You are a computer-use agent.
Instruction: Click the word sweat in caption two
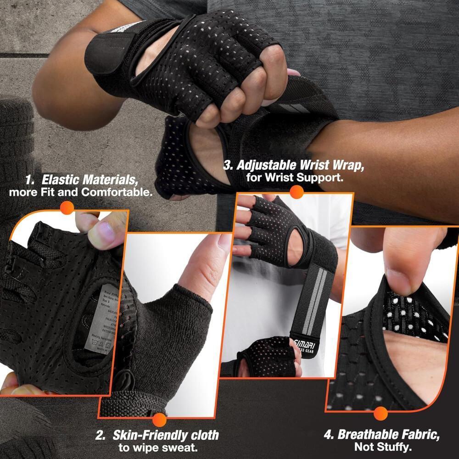[184, 448]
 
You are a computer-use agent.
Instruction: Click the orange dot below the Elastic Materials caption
[67, 208]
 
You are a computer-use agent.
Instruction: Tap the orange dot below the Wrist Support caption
[298, 194]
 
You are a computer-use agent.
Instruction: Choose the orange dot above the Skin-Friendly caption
[159, 420]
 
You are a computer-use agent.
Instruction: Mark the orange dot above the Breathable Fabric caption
[380, 414]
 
